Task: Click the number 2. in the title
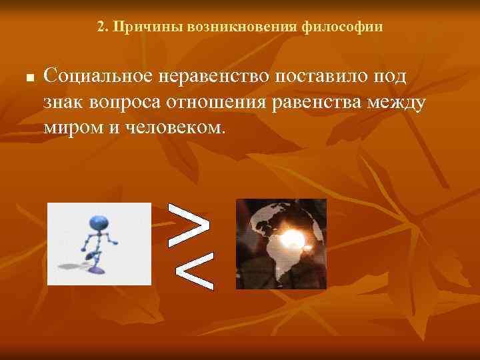coord(101,27)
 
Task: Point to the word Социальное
coord(97,75)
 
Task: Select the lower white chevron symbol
coord(195,269)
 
